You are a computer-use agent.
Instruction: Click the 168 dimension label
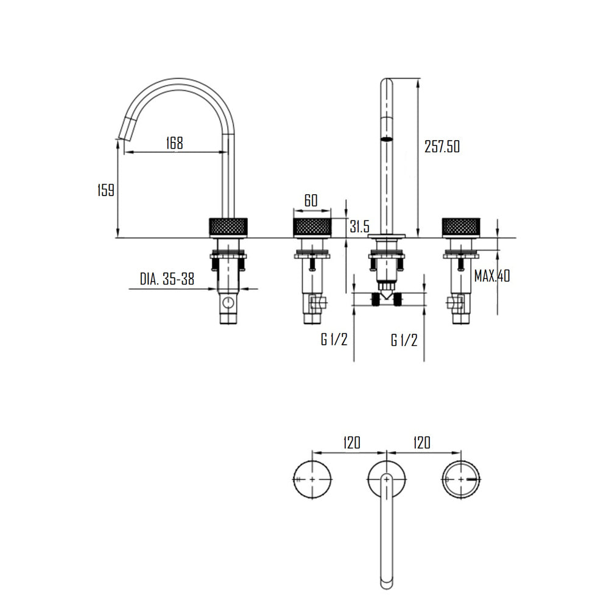coord(174,143)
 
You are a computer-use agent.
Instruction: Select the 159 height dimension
coord(105,190)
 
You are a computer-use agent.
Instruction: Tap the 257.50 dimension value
coord(442,146)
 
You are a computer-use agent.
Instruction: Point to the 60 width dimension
coord(311,200)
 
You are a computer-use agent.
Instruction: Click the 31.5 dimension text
coord(360,227)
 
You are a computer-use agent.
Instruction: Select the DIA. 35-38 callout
coord(167,279)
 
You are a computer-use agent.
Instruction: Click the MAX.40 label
coord(492,276)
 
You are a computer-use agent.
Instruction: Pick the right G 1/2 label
coord(404,340)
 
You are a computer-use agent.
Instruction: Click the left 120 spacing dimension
coord(352,442)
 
